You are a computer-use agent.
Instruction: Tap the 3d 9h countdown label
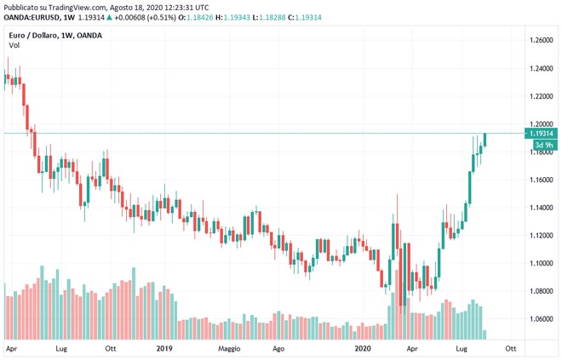(x=542, y=145)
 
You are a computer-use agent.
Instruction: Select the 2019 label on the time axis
(x=165, y=348)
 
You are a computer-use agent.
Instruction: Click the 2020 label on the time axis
(x=363, y=348)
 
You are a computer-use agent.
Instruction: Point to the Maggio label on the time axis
(x=229, y=348)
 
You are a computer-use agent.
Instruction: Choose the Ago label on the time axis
(x=278, y=348)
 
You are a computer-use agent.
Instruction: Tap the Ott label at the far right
(x=511, y=348)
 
